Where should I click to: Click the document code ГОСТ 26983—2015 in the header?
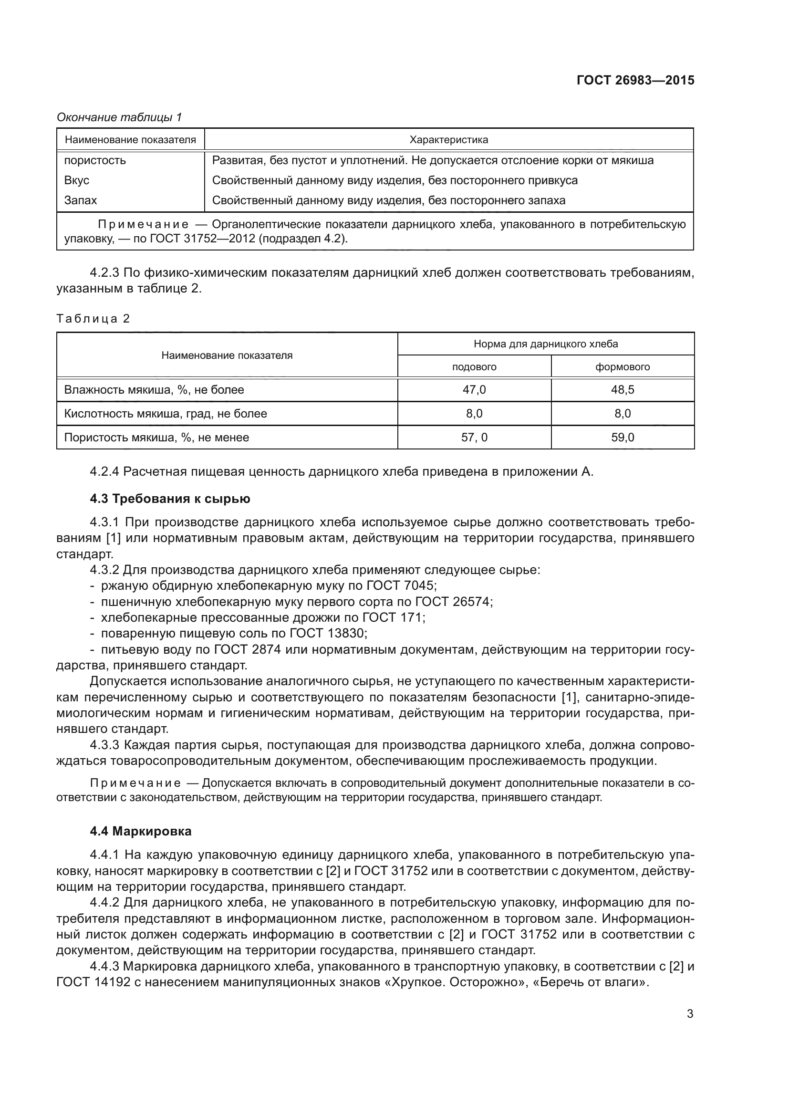[635, 80]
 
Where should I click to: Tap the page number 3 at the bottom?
[690, 1013]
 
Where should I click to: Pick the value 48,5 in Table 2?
[623, 389]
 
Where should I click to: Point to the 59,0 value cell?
[623, 437]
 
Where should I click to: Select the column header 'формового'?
[623, 366]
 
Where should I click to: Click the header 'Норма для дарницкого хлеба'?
[546, 344]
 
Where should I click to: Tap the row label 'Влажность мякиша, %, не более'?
[154, 389]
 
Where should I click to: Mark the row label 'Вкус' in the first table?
[77, 180]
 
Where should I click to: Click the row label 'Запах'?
[81, 200]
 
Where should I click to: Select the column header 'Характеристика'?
[448, 140]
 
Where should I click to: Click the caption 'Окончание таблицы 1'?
[119, 117]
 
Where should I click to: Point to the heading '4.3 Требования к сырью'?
[170, 499]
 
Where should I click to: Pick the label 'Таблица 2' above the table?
[93, 319]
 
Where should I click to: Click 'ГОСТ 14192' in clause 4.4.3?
[93, 982]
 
